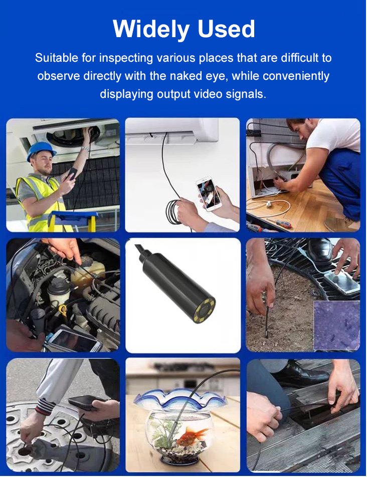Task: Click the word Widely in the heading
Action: coord(151,30)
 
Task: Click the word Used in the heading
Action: coord(226,29)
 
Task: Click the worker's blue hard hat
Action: coord(41,150)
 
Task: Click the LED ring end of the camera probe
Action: coord(204,310)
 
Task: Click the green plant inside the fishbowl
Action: coord(163,432)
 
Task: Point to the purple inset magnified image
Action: coord(336,325)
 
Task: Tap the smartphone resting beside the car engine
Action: coord(75,340)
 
